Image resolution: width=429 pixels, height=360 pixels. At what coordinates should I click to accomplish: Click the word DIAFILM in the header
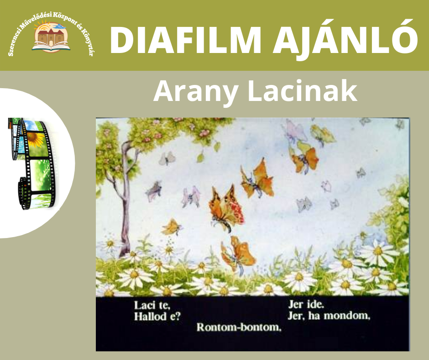point(185,40)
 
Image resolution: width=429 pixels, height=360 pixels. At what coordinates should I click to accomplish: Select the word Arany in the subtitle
point(195,91)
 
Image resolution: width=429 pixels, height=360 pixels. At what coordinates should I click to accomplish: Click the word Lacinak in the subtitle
point(302,90)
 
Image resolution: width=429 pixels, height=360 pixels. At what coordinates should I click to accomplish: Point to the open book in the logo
point(51,47)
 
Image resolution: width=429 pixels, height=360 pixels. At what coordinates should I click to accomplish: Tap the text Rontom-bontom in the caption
point(239,327)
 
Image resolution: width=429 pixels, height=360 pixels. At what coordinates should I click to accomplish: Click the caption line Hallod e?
point(157,317)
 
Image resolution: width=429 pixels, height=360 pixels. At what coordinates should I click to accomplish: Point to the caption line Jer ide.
point(306,304)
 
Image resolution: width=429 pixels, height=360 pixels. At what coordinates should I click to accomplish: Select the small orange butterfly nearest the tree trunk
point(172,227)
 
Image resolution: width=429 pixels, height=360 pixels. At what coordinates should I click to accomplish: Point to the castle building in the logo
point(51,37)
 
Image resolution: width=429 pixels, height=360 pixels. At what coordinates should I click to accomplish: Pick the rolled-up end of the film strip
point(24,193)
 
